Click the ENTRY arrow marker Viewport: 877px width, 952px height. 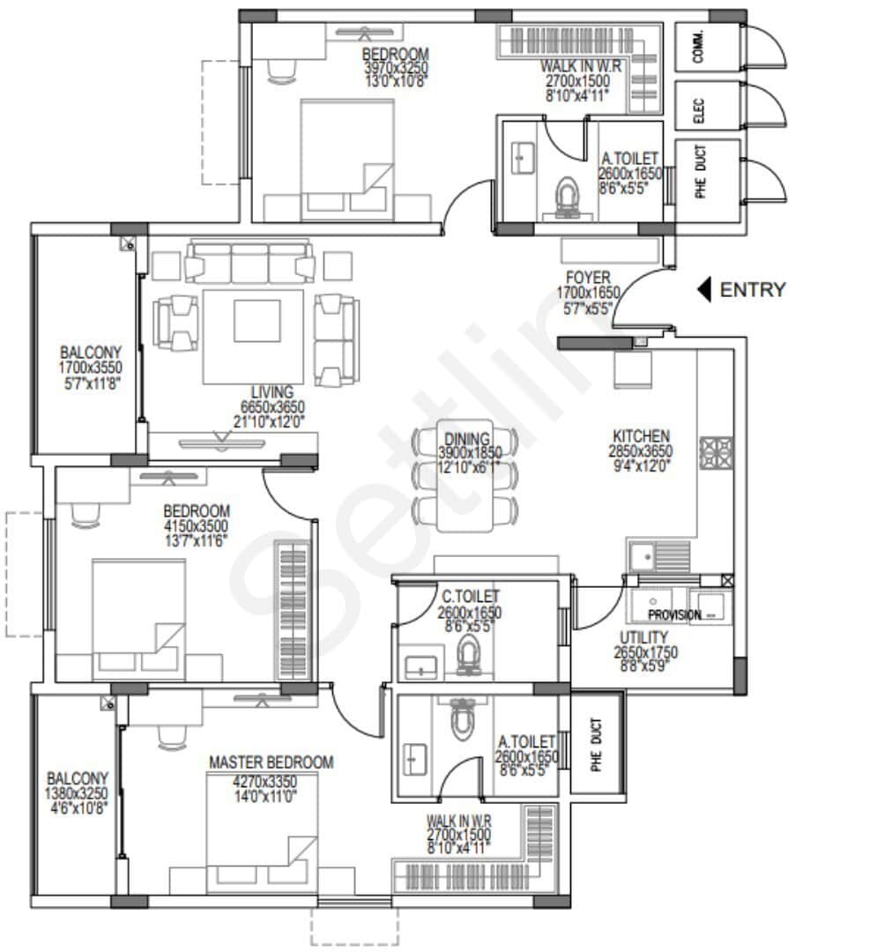tap(703, 289)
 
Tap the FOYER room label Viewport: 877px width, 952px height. tap(588, 278)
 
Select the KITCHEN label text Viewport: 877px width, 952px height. tap(641, 436)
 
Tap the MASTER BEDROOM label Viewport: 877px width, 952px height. tap(271, 762)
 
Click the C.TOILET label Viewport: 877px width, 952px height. tap(470, 598)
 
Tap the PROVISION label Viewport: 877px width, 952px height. tap(674, 614)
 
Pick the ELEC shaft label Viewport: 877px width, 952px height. tap(698, 108)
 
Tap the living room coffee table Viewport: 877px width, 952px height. tap(256, 320)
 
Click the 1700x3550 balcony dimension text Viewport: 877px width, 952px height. tap(91, 368)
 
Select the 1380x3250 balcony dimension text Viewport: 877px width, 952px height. tap(78, 793)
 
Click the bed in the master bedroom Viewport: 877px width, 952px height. tap(262, 824)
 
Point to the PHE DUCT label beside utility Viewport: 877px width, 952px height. tap(597, 746)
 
